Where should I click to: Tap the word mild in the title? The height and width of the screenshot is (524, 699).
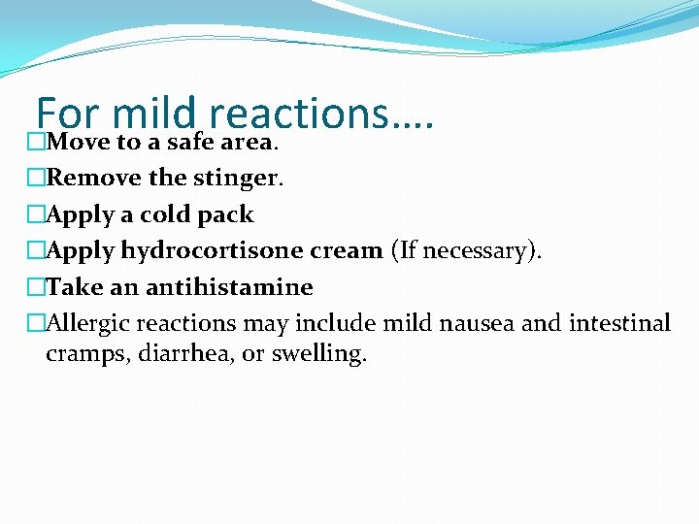click(155, 114)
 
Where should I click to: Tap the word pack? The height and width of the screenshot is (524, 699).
click(225, 214)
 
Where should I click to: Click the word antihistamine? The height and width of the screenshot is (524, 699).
click(229, 287)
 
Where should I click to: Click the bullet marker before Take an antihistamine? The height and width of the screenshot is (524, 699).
click(36, 287)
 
